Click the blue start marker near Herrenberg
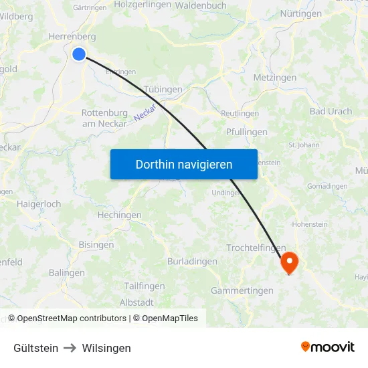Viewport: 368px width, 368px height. pos(79,54)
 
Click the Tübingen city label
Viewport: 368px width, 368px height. pos(163,90)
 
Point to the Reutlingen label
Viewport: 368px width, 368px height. pos(240,114)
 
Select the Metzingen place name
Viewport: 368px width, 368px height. pos(274,78)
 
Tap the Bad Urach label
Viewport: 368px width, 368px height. pos(331,111)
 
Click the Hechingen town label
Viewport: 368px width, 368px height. pos(119,215)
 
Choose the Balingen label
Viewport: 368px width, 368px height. pos(67,273)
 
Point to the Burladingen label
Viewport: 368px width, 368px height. pos(192,261)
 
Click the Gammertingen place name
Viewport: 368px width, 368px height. pos(242,290)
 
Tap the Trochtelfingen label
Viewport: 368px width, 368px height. pos(256,248)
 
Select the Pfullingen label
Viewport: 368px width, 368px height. pos(246,132)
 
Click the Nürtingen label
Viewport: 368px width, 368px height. pos(300,13)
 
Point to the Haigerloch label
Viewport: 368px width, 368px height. pos(39,203)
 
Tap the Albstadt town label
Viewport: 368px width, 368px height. pos(141,302)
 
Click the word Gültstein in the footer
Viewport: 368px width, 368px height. pos(35,348)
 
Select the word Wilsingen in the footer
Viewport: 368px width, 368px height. pos(106,348)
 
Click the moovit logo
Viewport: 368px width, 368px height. pos(327,347)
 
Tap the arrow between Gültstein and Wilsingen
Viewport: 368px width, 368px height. pos(70,348)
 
